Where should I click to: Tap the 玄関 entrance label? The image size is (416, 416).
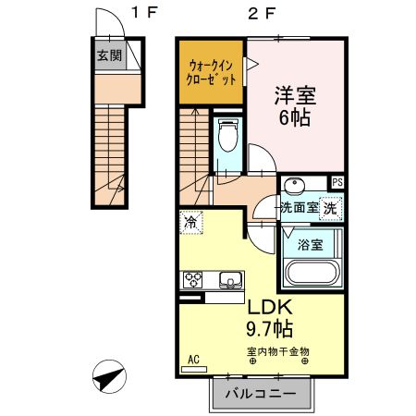point(109,55)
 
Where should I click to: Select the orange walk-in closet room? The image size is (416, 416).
point(212,71)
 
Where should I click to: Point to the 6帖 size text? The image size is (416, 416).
point(295,118)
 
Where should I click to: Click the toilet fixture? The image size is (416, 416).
point(227,137)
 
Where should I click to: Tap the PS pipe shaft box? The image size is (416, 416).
point(337,183)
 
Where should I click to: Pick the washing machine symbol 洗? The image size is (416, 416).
point(330,208)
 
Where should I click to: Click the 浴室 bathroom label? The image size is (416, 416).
point(311,245)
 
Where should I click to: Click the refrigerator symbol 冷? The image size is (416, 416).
point(190,222)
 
